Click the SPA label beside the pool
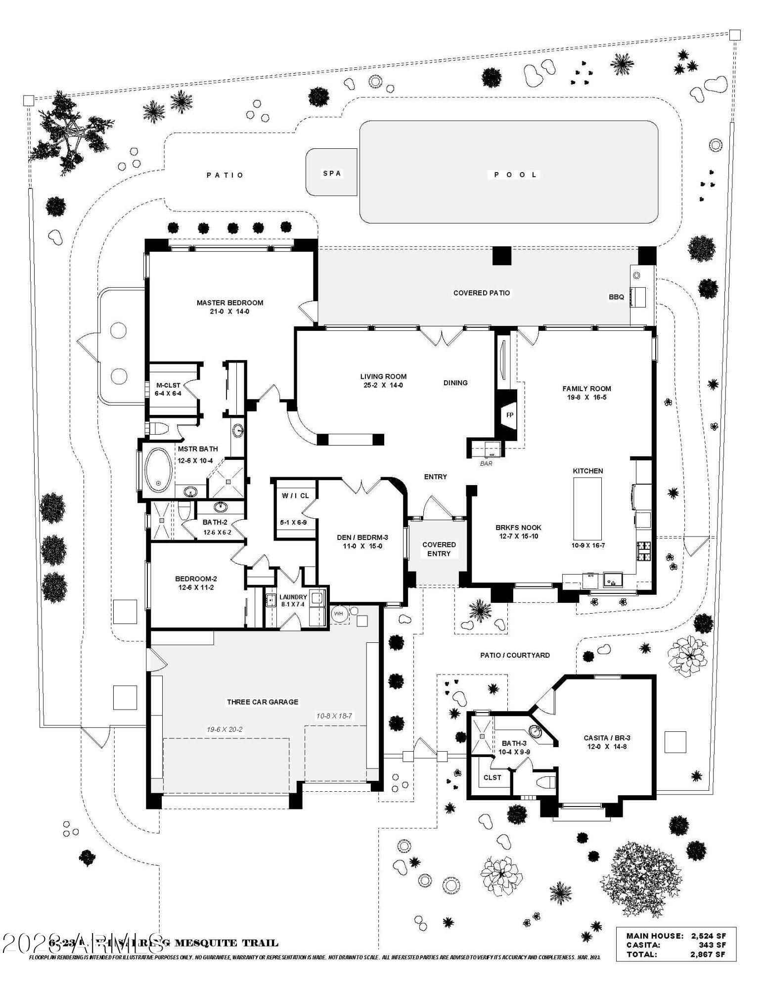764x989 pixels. point(332,174)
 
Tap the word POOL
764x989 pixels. point(515,175)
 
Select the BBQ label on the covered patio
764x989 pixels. point(616,297)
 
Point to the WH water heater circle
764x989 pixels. point(338,614)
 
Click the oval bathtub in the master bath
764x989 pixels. point(159,470)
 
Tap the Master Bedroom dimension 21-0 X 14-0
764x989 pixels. point(229,312)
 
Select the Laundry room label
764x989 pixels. point(293,597)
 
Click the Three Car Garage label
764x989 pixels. point(263,702)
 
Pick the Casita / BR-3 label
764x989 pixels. point(607,738)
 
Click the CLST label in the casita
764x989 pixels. point(492,777)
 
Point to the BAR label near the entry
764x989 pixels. point(486,464)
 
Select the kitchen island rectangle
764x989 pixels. point(587,509)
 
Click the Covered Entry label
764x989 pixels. point(439,549)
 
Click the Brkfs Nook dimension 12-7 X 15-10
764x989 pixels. point(518,536)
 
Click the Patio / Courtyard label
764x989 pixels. point(515,655)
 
